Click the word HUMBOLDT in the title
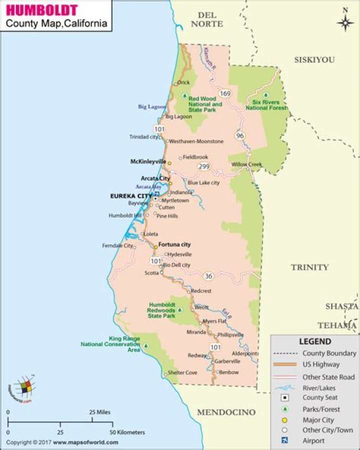pos(42,10)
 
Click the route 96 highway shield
pos(240,135)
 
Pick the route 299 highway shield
pos(203,166)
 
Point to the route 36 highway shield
pos(208,276)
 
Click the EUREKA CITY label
pos(130,196)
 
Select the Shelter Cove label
pos(182,373)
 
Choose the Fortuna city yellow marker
pos(155,247)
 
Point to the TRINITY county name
pos(310,267)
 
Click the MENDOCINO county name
pos(226,412)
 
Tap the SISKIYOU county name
pos(314,59)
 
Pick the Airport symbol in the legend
pos(284,441)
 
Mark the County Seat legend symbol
pos(284,398)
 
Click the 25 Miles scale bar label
pos(99,413)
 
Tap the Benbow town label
pos(229,372)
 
